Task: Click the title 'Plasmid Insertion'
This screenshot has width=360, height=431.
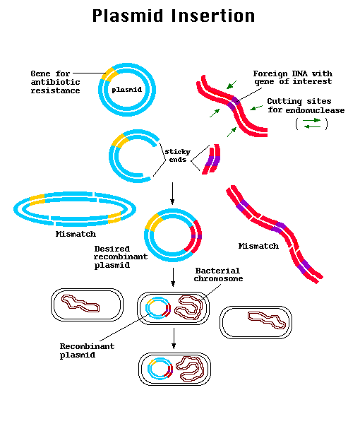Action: [174, 16]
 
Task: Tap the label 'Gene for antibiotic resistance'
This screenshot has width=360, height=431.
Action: [55, 82]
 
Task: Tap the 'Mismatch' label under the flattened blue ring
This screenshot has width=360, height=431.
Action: [75, 234]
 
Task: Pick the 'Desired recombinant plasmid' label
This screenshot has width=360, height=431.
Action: [121, 257]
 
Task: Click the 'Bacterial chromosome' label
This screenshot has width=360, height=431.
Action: [218, 275]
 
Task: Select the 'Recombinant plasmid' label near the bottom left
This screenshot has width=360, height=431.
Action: [87, 350]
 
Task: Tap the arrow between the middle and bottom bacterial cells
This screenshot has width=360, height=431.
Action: [172, 342]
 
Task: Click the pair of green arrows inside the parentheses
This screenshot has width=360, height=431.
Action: [311, 124]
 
